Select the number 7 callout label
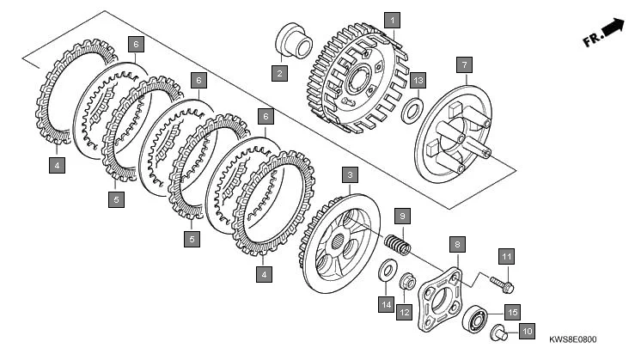click(463, 64)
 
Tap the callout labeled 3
click(349, 175)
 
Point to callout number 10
click(527, 330)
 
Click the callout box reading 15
click(511, 312)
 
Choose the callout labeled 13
click(418, 81)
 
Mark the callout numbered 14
click(387, 304)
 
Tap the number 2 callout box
click(280, 74)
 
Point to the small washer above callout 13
click(412, 110)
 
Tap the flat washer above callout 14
click(387, 274)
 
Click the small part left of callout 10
click(498, 333)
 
